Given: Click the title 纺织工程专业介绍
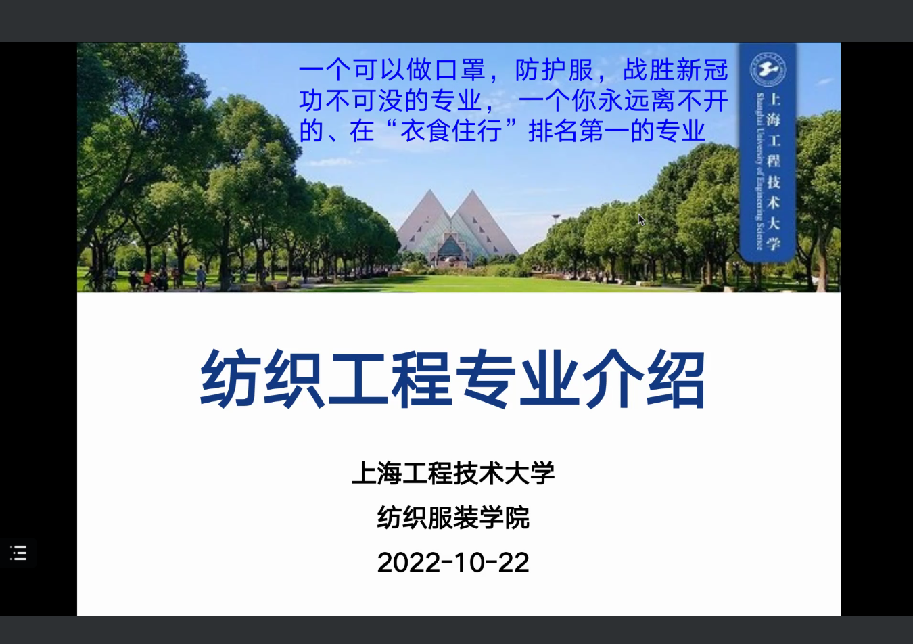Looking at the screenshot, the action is tap(452, 379).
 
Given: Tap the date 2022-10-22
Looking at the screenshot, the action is tap(453, 562).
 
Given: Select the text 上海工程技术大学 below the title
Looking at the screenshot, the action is tap(453, 474).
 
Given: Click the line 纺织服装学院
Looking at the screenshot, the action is tap(453, 517).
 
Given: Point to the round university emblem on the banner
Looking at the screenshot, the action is tap(768, 70).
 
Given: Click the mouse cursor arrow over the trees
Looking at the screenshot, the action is tap(641, 220).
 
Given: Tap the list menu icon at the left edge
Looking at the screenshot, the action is tap(18, 553).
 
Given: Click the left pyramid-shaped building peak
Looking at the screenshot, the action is tap(429, 191).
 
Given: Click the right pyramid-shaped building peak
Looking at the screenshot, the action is tap(473, 191).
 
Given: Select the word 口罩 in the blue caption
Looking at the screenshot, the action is tap(460, 70).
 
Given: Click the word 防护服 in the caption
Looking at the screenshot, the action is tap(554, 70).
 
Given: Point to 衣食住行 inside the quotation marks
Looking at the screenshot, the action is tap(451, 131).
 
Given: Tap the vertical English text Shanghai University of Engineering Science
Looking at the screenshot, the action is tap(759, 171).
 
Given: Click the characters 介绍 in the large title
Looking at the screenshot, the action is tap(644, 379).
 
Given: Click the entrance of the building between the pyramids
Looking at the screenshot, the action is tap(450, 250).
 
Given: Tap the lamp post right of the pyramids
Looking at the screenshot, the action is tap(556, 228).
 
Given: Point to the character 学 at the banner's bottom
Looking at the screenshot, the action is tap(773, 244).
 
